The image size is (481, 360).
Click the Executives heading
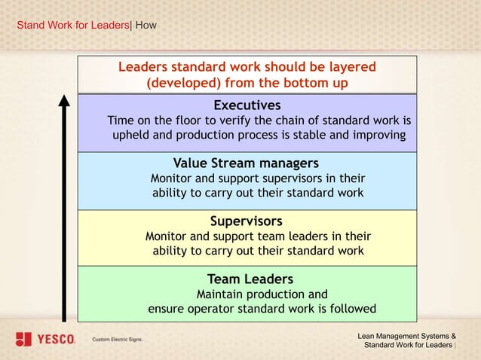(x=247, y=105)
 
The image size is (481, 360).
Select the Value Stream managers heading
(x=246, y=163)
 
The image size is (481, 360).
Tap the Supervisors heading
(x=246, y=221)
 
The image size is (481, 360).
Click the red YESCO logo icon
(x=23, y=339)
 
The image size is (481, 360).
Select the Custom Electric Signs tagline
(x=117, y=340)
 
